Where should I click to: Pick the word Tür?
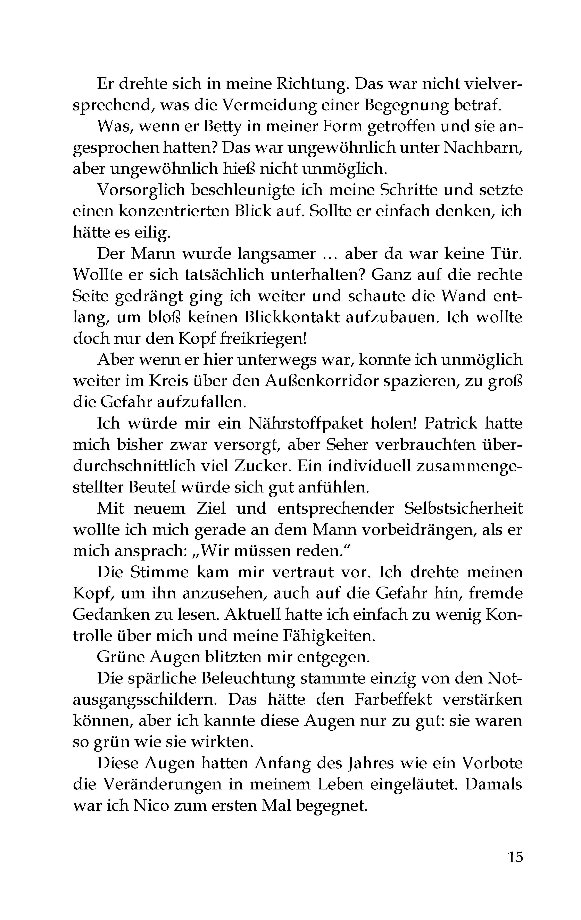tap(507, 254)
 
